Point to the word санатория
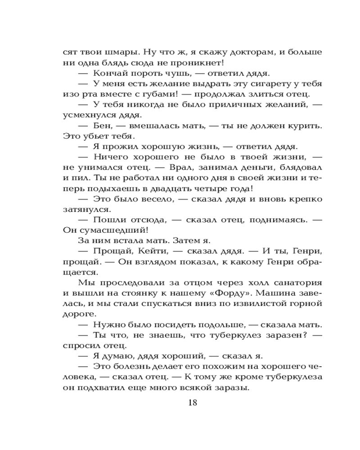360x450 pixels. pos(297,282)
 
